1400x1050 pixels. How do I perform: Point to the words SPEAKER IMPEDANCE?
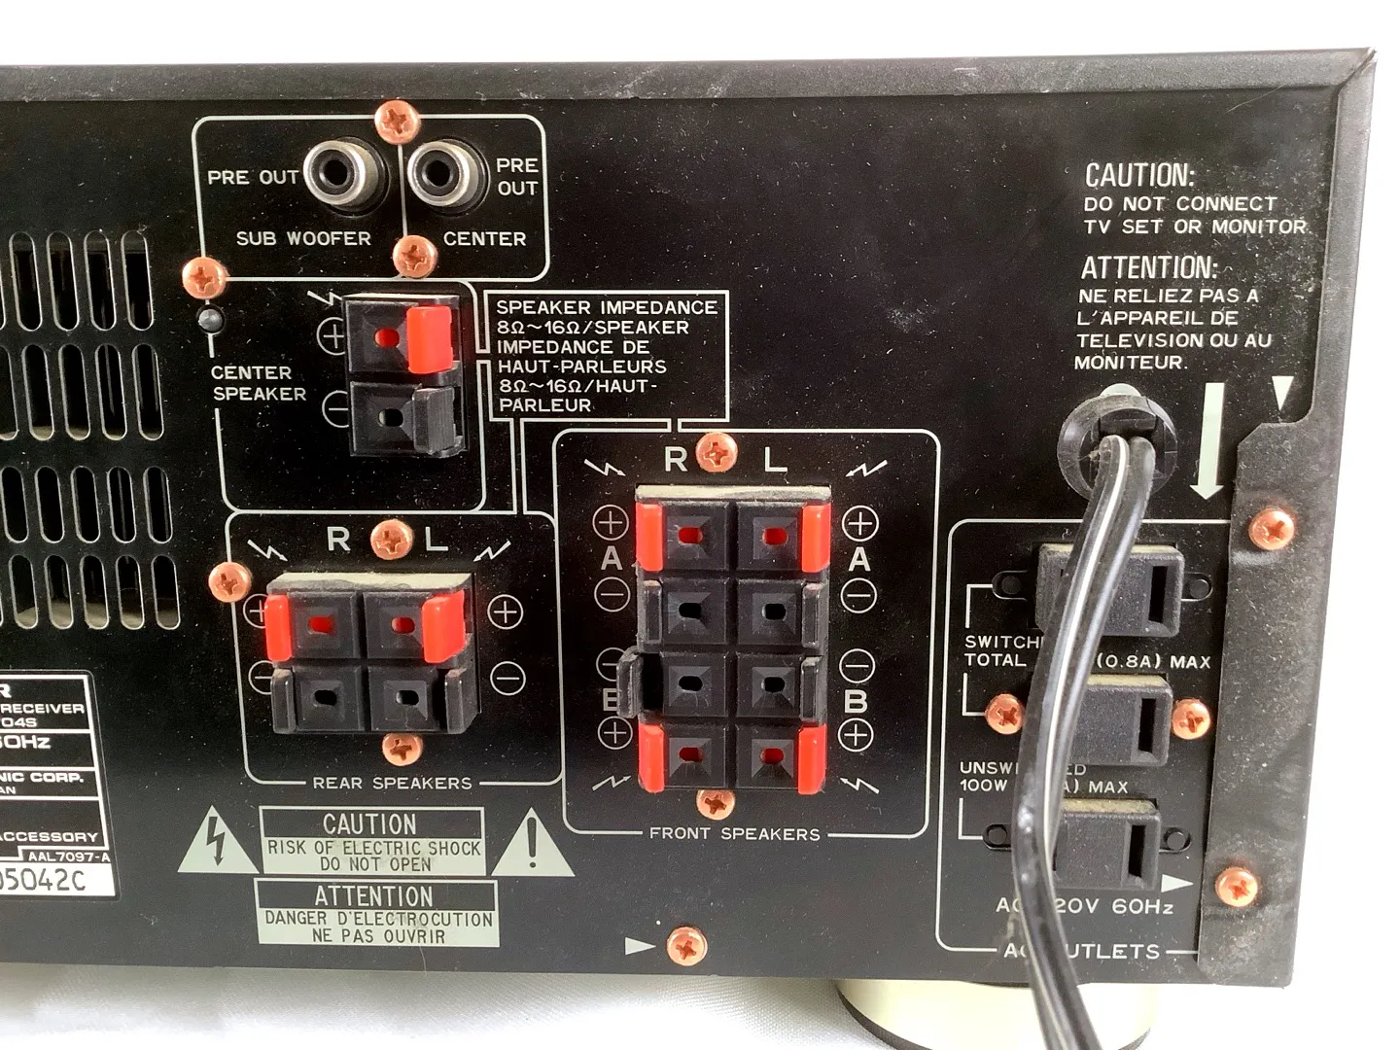pos(606,307)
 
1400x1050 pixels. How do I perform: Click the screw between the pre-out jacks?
pos(397,122)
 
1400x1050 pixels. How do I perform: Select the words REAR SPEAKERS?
pos(392,783)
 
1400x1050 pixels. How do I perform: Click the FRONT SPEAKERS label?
pos(734,833)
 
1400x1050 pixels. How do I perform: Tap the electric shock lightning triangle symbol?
pos(218,842)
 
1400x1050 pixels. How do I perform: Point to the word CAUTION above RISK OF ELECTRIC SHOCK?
pos(369,823)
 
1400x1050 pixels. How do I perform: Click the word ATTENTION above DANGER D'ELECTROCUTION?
pos(373,895)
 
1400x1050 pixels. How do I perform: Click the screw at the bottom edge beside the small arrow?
pos(686,945)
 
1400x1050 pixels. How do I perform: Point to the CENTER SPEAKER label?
pos(259,383)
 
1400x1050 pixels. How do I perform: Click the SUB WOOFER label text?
pos(303,238)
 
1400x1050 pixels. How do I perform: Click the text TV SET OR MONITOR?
pos(1195,227)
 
